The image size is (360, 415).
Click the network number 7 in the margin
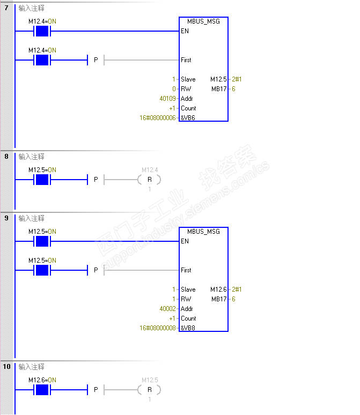[6, 8]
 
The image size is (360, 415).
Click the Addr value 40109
[167, 99]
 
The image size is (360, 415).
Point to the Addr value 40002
[167, 309]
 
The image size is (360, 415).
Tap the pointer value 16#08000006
[157, 118]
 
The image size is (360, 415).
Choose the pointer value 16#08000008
[157, 328]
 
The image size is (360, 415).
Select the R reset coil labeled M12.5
[149, 390]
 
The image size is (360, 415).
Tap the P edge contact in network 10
[95, 390]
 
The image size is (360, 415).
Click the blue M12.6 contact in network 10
[42, 390]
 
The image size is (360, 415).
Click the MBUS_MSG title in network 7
[204, 21]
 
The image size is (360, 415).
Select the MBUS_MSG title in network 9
[204, 232]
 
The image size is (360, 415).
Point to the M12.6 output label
[219, 290]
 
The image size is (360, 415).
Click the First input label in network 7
[186, 60]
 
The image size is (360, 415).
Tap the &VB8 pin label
[188, 328]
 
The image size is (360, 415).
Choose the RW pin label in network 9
[186, 299]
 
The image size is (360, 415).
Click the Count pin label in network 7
[188, 108]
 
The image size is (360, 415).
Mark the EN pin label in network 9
[185, 241]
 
